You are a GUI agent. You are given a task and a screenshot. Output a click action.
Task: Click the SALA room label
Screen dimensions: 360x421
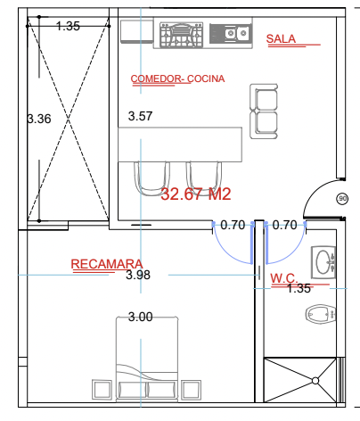(x=281, y=38)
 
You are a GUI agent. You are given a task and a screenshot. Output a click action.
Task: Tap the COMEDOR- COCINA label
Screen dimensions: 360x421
(x=177, y=78)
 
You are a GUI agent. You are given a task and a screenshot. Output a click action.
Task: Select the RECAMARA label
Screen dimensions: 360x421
(x=107, y=264)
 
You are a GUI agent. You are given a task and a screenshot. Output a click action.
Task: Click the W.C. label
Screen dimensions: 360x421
(x=283, y=278)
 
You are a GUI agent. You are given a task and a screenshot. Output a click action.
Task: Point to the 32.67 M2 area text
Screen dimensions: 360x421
(x=196, y=194)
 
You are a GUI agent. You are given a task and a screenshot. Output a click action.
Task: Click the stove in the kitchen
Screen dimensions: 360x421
(x=181, y=35)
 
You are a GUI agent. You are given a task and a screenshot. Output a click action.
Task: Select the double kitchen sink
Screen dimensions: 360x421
(x=231, y=33)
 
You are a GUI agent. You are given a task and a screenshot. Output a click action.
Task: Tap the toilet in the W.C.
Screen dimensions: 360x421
(x=321, y=314)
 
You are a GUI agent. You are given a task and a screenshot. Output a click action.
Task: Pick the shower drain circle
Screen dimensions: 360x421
(x=315, y=381)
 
